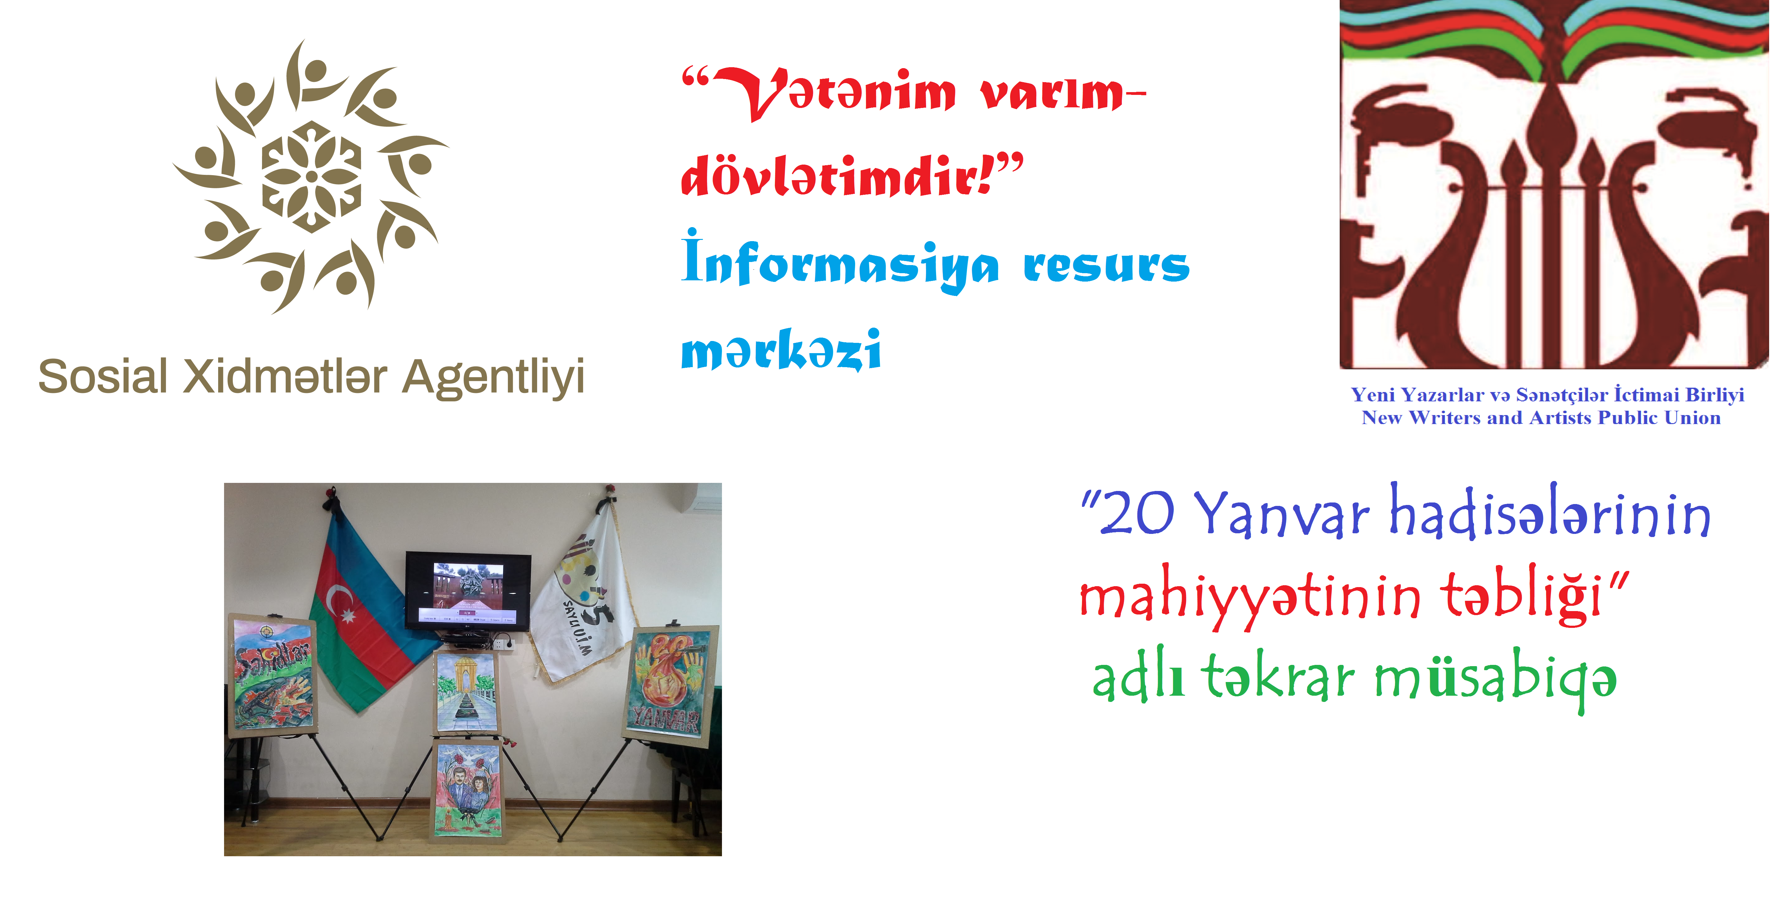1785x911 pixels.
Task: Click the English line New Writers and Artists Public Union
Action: (x=1541, y=418)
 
